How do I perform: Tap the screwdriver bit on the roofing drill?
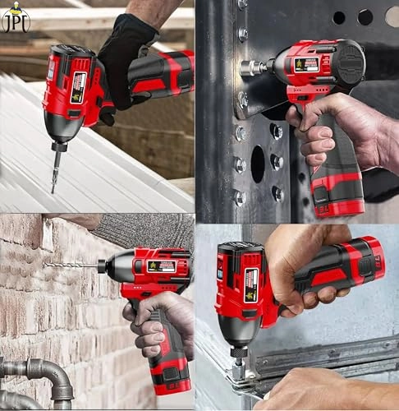click(56, 172)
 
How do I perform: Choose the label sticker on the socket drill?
click(306, 63)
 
